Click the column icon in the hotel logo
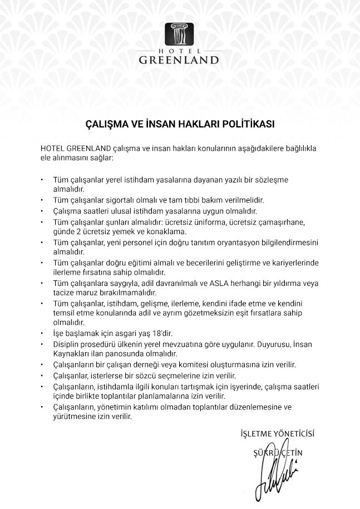pyautogui.click(x=179, y=34)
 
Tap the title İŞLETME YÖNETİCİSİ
pyautogui.click(x=280, y=433)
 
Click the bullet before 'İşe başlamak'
pyautogui.click(x=42, y=334)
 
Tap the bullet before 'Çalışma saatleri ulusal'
pyautogui.click(x=42, y=211)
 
